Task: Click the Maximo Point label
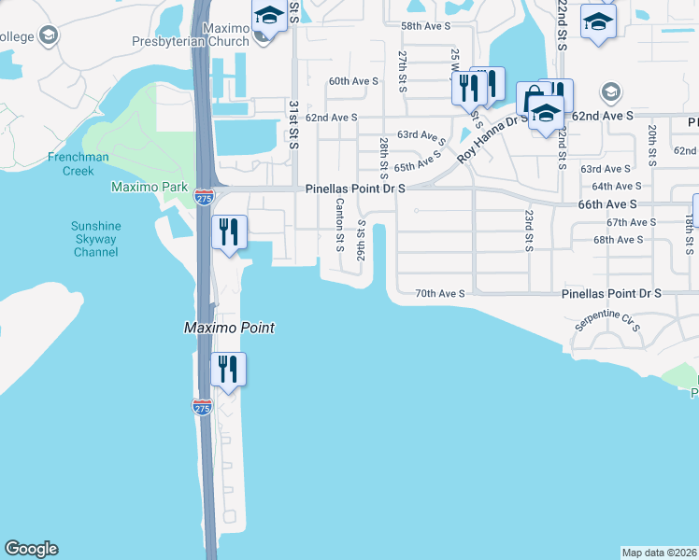[227, 328]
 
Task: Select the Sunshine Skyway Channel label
[94, 239]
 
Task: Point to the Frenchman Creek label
[78, 164]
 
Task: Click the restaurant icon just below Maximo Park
[229, 232]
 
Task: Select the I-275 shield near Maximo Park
[205, 197]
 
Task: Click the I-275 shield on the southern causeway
[202, 407]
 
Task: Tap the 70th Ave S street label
[440, 293]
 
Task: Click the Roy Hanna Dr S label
[492, 136]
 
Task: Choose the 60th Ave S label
[353, 81]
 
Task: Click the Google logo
[32, 549]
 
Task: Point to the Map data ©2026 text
[659, 553]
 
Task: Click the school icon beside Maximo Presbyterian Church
[269, 18]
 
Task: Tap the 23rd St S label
[529, 231]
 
